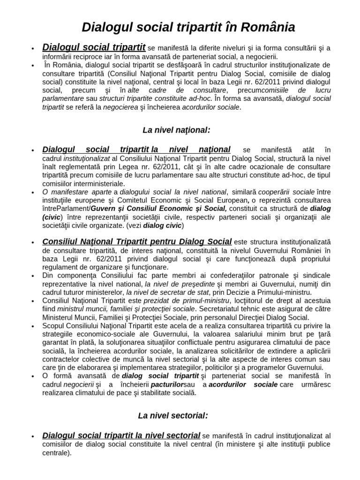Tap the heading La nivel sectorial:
pyautogui.click(x=173, y=415)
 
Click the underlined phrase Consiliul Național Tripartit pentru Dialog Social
pyautogui.click(x=137, y=242)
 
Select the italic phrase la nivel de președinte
pyautogui.click(x=180, y=284)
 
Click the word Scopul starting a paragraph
pyautogui.click(x=54, y=325)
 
